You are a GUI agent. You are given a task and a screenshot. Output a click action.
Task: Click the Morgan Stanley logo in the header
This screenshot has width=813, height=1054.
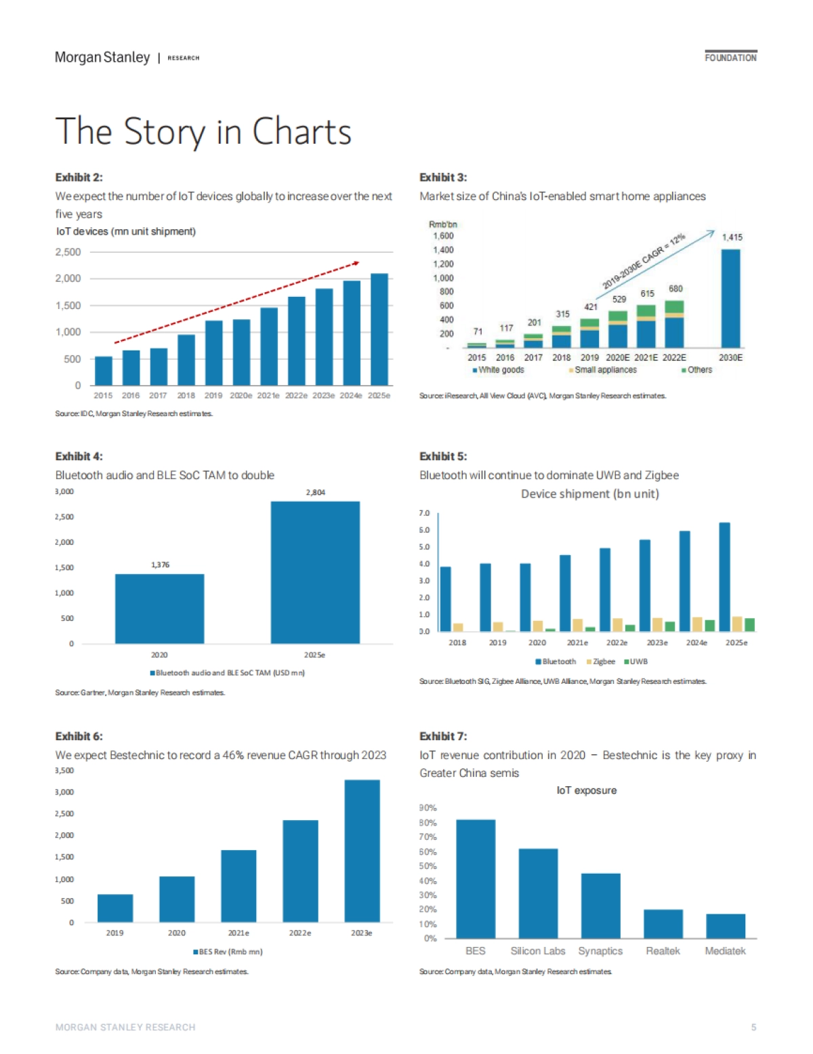[x=102, y=58]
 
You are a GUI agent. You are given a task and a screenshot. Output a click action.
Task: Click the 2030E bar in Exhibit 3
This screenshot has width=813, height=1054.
[x=730, y=298]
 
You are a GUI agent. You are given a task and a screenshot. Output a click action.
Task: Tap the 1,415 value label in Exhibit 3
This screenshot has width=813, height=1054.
[x=732, y=237]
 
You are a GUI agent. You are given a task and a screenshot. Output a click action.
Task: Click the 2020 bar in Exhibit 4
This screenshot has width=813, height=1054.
[x=159, y=609]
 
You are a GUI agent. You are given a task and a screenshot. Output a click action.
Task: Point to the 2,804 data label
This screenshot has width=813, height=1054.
[x=315, y=492]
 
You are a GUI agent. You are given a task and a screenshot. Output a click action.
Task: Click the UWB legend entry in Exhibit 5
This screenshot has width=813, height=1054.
[x=638, y=662]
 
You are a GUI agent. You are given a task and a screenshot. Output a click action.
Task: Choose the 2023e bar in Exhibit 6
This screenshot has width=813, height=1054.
[x=362, y=851]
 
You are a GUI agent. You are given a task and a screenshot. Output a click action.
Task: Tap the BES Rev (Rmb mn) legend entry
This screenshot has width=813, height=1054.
[x=229, y=952]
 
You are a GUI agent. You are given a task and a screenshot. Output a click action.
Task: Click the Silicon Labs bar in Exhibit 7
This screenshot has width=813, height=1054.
[x=538, y=893]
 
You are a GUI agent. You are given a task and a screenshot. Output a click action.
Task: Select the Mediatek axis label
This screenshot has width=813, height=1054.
[x=725, y=951]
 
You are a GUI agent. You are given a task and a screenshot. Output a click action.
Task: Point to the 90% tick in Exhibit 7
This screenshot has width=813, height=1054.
[x=428, y=808]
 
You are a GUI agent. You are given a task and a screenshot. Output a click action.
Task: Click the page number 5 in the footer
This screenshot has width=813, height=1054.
[x=753, y=1028]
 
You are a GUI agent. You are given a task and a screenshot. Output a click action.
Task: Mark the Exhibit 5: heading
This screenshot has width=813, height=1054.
[x=443, y=457]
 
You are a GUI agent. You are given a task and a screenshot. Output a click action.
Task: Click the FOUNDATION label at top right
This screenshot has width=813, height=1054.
[x=730, y=58]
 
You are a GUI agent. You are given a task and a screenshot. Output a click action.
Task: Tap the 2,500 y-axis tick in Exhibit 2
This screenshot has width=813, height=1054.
[x=68, y=252]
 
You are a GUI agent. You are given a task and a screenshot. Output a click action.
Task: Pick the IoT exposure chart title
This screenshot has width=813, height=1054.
[x=586, y=790]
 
